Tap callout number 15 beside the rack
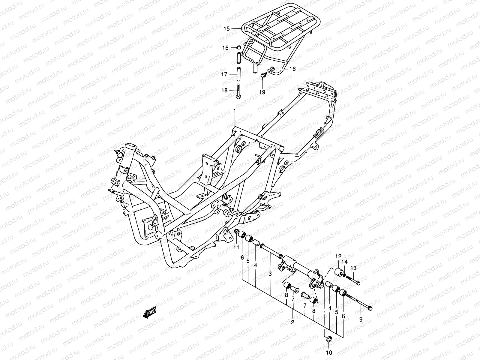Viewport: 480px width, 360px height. pyautogui.click(x=226, y=29)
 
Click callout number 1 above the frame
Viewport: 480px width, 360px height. pyautogui.click(x=235, y=111)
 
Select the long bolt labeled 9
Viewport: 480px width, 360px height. pyautogui.click(x=360, y=301)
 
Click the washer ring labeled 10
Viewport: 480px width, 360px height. pyautogui.click(x=328, y=339)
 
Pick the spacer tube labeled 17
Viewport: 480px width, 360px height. pyautogui.click(x=239, y=74)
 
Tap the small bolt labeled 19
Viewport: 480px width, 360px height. pyautogui.click(x=263, y=75)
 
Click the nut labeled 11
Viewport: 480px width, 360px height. pyautogui.click(x=236, y=231)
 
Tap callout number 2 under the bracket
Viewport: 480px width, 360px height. pyautogui.click(x=292, y=322)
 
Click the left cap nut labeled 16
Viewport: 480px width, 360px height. pyautogui.click(x=239, y=47)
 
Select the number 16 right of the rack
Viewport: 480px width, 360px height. pyautogui.click(x=292, y=69)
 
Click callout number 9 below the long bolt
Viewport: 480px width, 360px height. pyautogui.click(x=361, y=320)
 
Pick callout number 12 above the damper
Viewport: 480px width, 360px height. pyautogui.click(x=338, y=256)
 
